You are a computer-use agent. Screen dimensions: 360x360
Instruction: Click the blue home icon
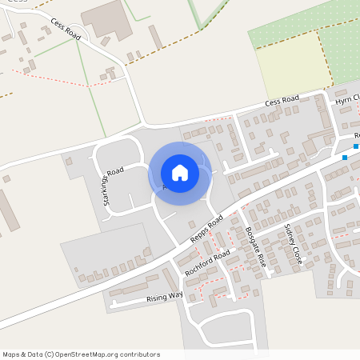coord(179,172)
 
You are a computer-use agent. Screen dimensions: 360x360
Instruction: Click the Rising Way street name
coord(165,297)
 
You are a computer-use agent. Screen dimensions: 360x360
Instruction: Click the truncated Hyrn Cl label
coord(348,100)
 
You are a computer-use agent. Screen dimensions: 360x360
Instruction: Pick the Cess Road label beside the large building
coord(66,30)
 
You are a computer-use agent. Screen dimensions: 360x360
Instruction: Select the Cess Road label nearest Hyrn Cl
coord(282,102)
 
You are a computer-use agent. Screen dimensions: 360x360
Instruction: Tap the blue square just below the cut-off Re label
coord(345,158)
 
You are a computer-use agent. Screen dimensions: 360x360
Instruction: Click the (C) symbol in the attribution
coord(49,354)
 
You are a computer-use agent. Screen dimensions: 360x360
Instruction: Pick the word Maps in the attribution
coord(11,354)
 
